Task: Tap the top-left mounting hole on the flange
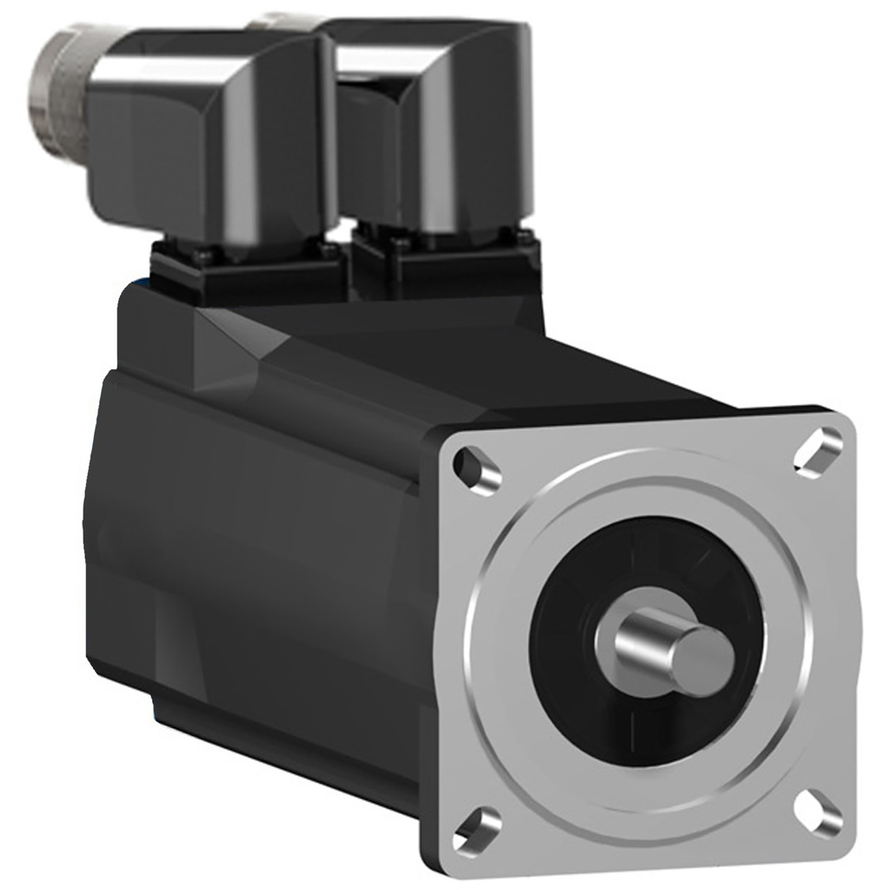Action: [477, 469]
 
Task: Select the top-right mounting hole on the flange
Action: [818, 450]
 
